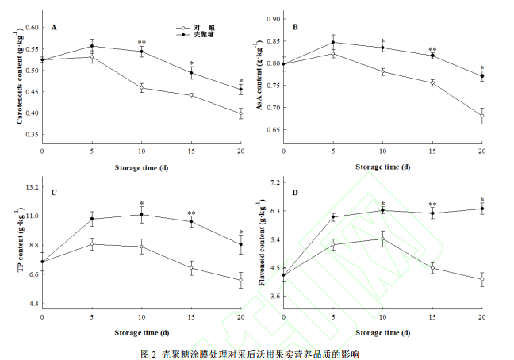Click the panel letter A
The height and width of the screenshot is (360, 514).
[x=54, y=28]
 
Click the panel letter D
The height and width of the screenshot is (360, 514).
[x=295, y=193]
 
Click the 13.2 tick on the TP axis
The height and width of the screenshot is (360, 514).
[x=32, y=187]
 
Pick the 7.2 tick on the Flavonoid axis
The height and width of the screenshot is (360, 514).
[x=275, y=182]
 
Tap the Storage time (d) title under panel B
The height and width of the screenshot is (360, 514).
[x=382, y=167]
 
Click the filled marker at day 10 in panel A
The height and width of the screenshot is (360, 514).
[x=141, y=52]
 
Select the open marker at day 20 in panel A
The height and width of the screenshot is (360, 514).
[x=241, y=113]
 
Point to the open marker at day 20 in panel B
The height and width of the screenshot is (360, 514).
[x=481, y=116]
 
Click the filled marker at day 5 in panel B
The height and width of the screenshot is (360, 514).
[x=333, y=42]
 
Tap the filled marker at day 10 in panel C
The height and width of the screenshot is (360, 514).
[x=141, y=214]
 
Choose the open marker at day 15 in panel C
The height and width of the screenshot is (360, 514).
[x=191, y=268]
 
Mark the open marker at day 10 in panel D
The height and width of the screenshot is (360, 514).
[x=382, y=239]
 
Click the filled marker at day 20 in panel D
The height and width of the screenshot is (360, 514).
[x=481, y=209]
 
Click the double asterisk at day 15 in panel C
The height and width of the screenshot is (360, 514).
[x=191, y=213]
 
